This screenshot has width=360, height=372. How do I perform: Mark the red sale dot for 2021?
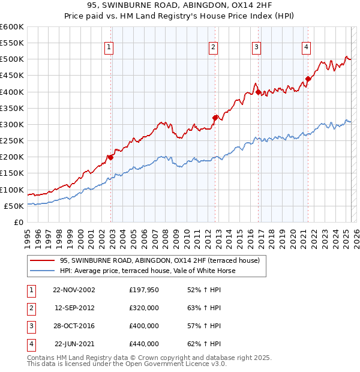pos(308,79)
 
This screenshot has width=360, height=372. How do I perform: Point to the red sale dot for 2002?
pos(110,157)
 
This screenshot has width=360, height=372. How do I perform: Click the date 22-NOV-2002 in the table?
pos(74,290)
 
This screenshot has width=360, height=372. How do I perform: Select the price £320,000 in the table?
pos(144,308)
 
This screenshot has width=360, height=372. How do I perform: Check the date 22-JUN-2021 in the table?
pos(74,344)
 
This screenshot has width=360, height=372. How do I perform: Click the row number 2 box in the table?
pos(31,308)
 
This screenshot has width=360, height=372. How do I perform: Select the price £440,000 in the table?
pos(144,344)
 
